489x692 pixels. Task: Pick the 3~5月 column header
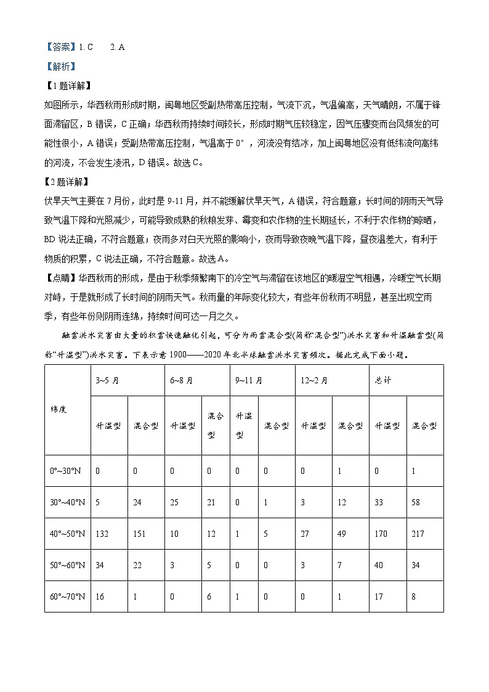tap(107, 380)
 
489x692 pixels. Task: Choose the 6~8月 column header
tap(181, 380)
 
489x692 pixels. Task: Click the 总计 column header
tap(383, 380)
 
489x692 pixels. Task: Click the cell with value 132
tap(102, 534)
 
